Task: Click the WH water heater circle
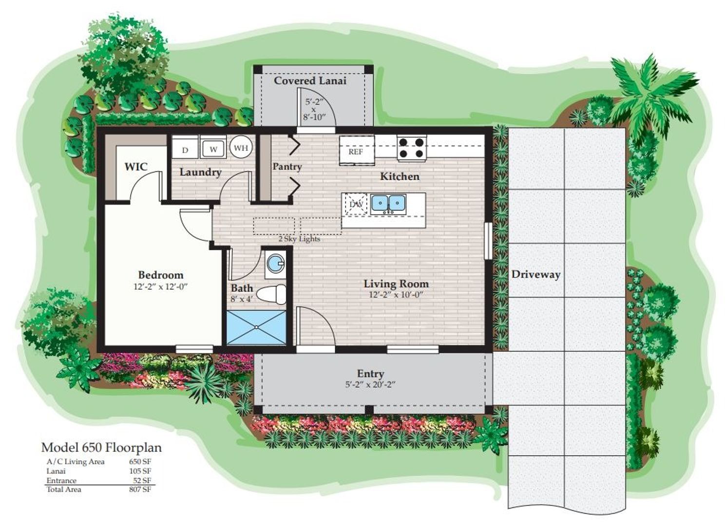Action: [241, 148]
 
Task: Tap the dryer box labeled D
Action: [185, 150]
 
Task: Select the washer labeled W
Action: [213, 149]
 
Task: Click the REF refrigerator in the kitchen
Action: [356, 151]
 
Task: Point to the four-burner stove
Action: [412, 148]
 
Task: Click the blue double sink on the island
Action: [388, 203]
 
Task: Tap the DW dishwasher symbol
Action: [356, 204]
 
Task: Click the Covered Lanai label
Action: [310, 80]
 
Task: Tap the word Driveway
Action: [535, 274]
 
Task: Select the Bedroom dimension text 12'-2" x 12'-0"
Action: [160, 287]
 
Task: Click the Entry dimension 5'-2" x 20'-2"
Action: [370, 384]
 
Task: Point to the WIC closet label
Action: [135, 167]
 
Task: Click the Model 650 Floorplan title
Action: [101, 447]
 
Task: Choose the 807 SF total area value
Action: [140, 489]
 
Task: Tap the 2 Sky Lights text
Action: [299, 239]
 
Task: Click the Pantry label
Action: [287, 167]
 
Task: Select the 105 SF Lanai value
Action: [141, 471]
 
